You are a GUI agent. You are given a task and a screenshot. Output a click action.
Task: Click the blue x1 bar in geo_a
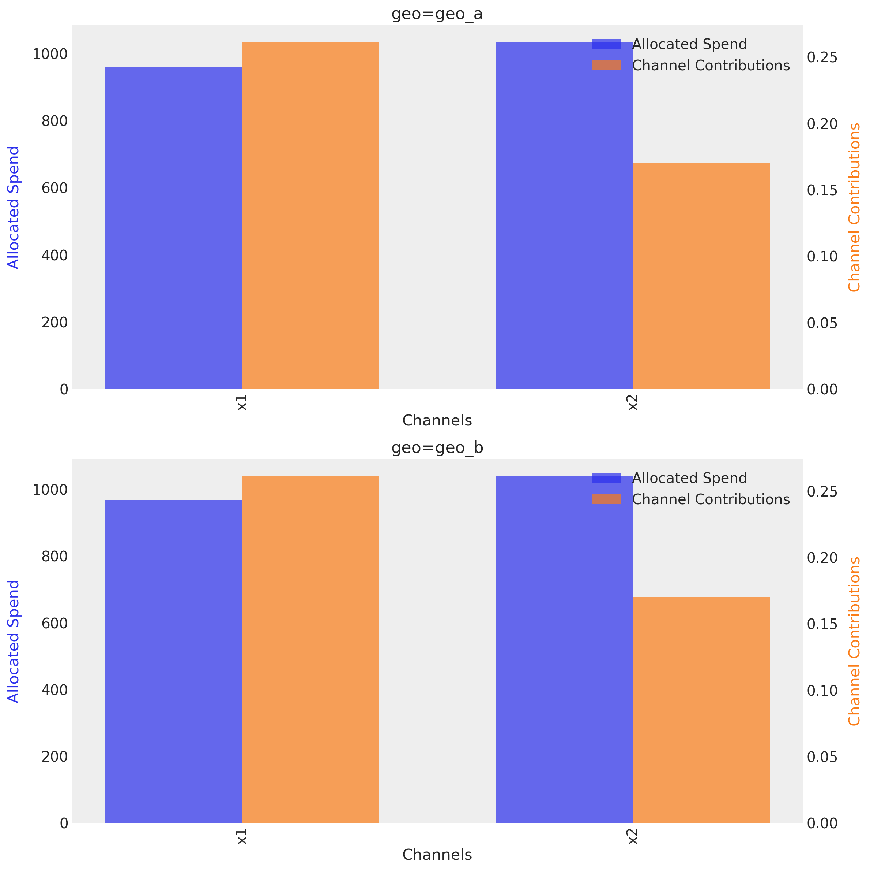pos(173,228)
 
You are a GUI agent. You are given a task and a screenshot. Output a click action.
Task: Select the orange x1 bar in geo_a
pos(310,215)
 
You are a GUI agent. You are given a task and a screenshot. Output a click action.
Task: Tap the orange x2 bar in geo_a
pos(701,275)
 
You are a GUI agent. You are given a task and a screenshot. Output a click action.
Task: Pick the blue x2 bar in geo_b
pos(564,650)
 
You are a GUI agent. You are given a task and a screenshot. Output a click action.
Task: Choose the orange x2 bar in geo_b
pos(701,710)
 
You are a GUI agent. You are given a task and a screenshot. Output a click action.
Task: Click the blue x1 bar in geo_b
pos(173,661)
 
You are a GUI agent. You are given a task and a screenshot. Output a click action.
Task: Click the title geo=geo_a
pos(437,14)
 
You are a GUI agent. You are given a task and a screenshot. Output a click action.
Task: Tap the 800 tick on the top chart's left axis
pos(54,121)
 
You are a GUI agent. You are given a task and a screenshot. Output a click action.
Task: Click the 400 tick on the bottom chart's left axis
pos(54,690)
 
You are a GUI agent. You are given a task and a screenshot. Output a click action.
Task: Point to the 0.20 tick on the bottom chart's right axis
pos(822,558)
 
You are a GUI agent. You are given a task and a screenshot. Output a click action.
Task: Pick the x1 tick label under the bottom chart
pos(242,837)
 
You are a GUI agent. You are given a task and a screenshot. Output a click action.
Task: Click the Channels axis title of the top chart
pos(437,420)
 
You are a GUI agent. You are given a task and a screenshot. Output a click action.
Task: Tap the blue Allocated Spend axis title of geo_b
pos(14,641)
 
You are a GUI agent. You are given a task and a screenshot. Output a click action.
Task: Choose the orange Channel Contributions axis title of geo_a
pos(854,207)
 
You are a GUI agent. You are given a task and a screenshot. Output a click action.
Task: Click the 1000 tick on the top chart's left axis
pos(50,54)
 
